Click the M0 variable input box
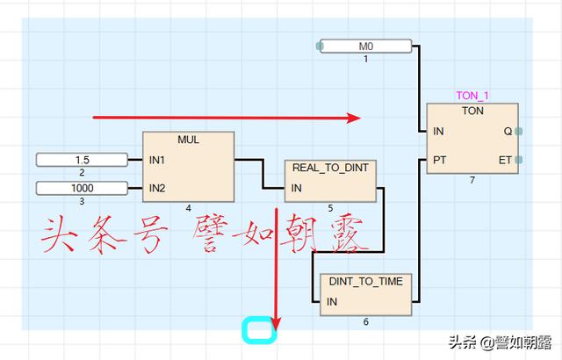point(364,46)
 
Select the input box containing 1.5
point(82,160)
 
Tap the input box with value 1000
point(82,187)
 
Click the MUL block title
point(189,140)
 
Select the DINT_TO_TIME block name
point(365,281)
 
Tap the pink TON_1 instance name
point(472,96)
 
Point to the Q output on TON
point(508,132)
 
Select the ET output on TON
point(506,161)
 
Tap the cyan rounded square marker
point(260,329)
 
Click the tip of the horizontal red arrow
point(358,118)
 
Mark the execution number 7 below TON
point(472,180)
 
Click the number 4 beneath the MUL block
point(188,208)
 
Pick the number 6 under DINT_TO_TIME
point(365,322)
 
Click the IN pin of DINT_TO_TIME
point(332,302)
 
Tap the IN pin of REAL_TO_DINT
point(297,188)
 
